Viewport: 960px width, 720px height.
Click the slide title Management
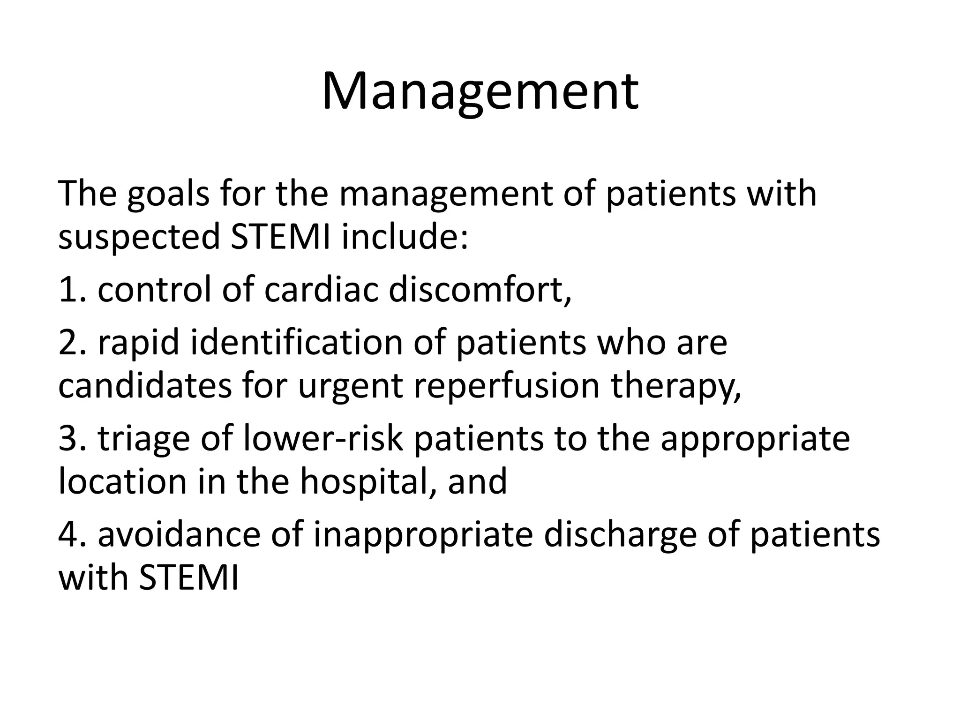point(480,91)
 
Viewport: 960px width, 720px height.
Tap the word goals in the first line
point(168,194)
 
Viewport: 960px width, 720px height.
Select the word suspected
point(139,237)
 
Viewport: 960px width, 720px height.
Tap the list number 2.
point(70,343)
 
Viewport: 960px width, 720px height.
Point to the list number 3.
point(70,439)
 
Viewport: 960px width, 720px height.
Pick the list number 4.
point(70,535)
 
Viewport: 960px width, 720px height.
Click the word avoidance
point(179,535)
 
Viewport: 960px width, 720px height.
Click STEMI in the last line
point(189,578)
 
